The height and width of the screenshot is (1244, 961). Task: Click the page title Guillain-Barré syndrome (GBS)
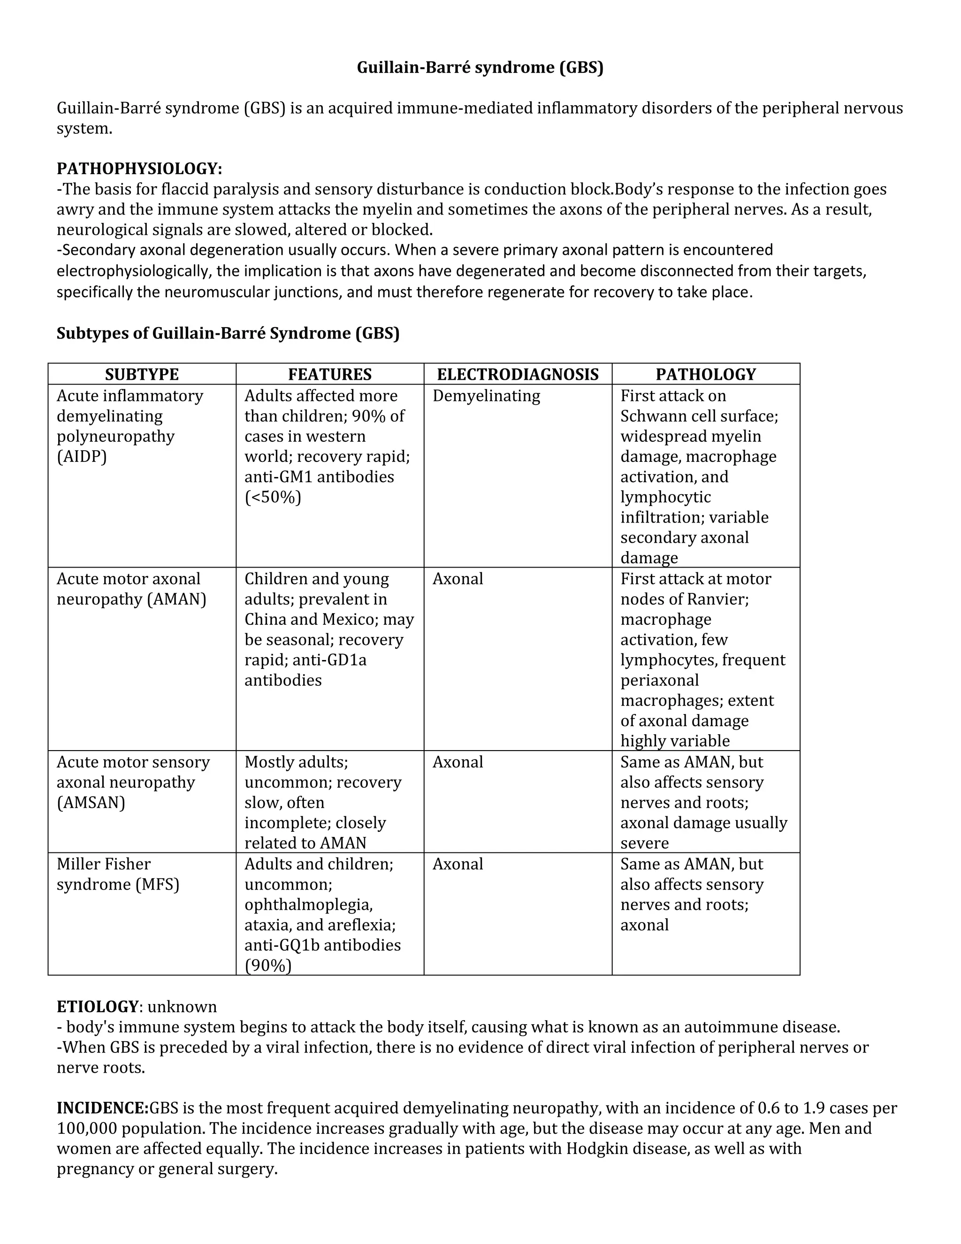[x=480, y=68]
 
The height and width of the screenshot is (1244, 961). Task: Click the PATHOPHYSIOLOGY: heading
[x=139, y=169]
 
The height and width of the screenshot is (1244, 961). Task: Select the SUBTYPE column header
[x=142, y=374]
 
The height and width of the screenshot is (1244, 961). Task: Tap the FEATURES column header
[x=329, y=374]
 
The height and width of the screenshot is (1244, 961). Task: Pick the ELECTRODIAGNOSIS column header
[x=518, y=374]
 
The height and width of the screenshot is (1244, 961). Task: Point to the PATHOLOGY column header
[x=705, y=374]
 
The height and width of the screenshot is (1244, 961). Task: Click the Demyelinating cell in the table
[x=486, y=396]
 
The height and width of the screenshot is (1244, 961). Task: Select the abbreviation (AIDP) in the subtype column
[x=81, y=457]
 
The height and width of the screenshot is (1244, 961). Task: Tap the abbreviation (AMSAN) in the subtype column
[x=91, y=803]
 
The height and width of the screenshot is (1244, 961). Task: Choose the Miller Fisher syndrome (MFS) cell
[x=118, y=875]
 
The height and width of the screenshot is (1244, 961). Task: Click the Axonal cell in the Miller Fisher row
[x=458, y=864]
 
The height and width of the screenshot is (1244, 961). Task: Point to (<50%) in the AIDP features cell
[x=273, y=497]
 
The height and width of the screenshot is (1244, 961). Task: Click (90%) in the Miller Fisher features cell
[x=267, y=966]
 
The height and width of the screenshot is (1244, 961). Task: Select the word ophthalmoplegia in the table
[x=309, y=905]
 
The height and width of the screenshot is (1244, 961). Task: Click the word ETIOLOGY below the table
[x=97, y=1006]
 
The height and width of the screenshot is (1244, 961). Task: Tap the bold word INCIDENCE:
[x=102, y=1108]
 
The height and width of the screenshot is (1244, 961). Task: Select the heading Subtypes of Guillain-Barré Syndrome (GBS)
[x=228, y=333]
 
